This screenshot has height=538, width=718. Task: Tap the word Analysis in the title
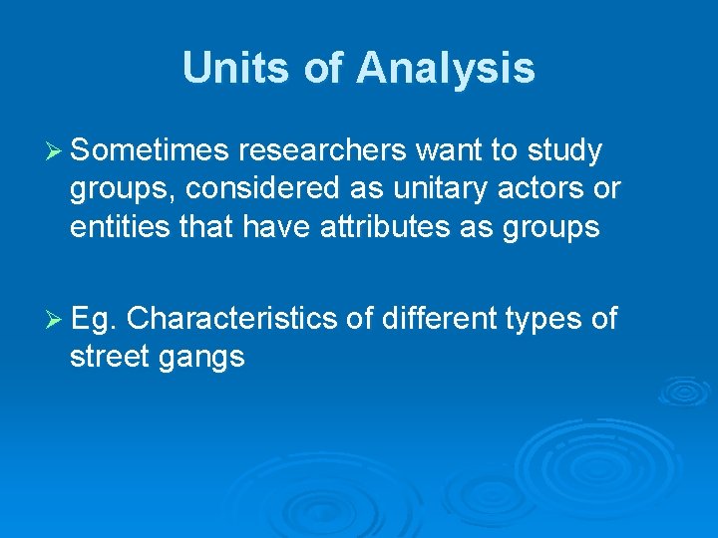[x=445, y=68]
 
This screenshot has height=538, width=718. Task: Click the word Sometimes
[x=149, y=151]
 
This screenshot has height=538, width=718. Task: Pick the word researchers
[x=321, y=151]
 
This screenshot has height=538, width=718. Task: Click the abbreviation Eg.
[x=95, y=319]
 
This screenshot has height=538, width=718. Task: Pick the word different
[x=438, y=319]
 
